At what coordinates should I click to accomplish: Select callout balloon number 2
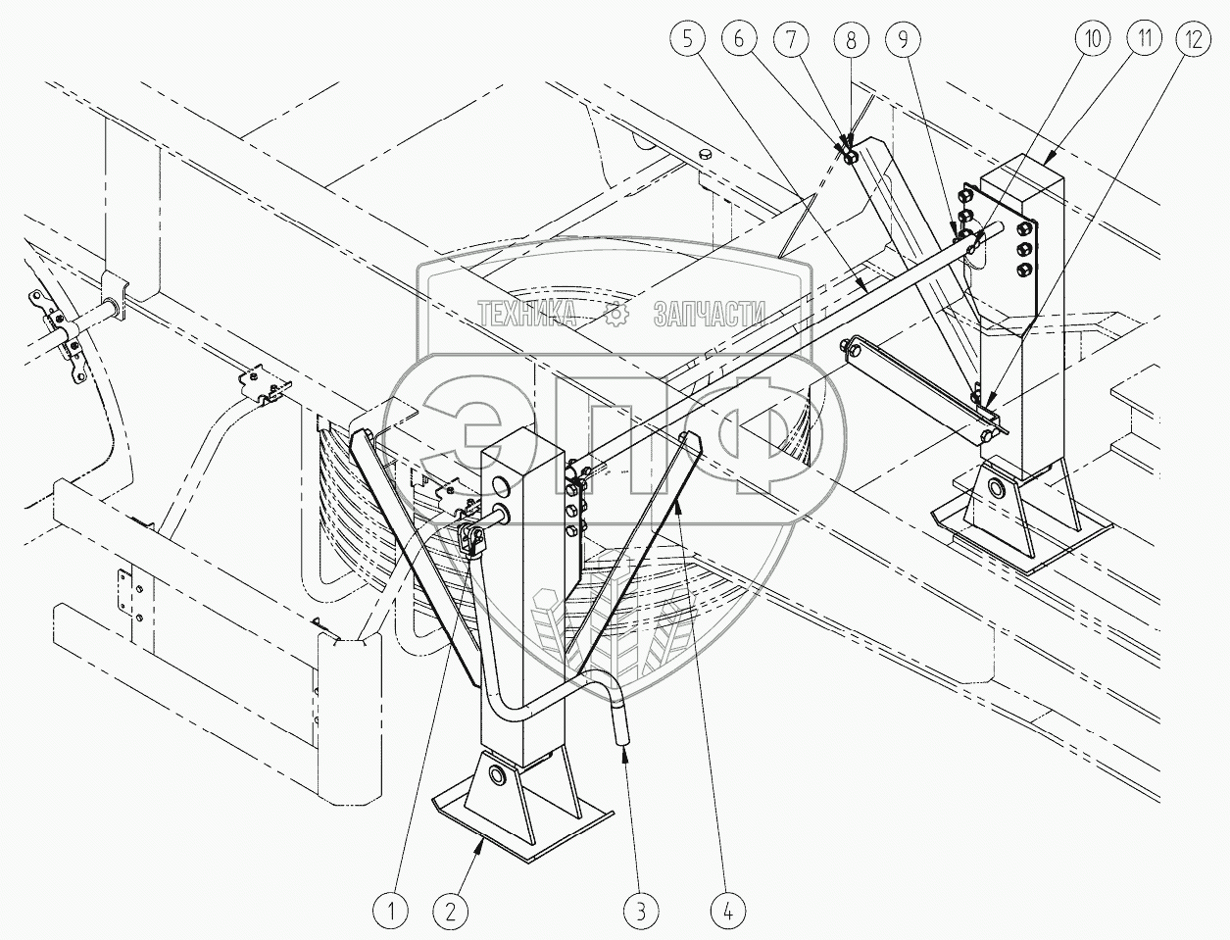click(x=449, y=912)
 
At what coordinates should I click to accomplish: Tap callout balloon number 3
click(x=639, y=912)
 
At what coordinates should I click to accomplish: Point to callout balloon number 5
click(x=688, y=40)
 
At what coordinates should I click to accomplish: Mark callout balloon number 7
click(x=792, y=40)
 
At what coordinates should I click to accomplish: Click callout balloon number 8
click(x=850, y=40)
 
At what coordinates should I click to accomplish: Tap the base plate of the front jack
click(x=519, y=828)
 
